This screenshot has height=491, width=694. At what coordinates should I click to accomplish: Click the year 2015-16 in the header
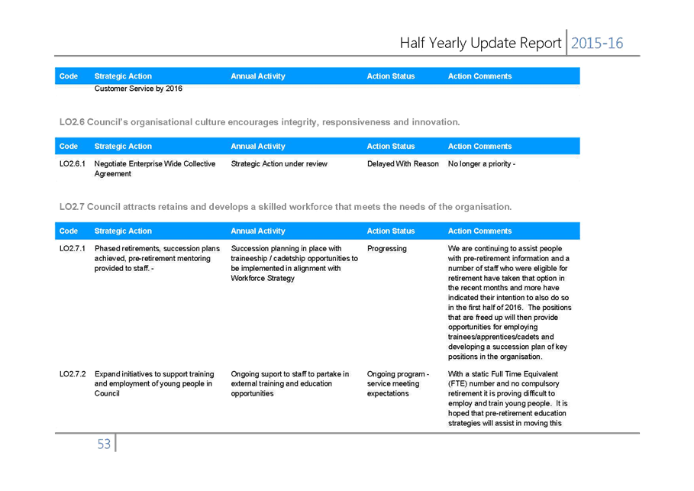click(x=597, y=43)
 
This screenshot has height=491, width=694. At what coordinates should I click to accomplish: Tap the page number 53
click(x=104, y=444)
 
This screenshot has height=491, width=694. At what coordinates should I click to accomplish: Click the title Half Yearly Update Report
click(x=480, y=43)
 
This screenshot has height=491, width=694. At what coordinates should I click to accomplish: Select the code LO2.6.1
click(x=72, y=164)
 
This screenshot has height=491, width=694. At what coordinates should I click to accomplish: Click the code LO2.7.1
click(x=72, y=248)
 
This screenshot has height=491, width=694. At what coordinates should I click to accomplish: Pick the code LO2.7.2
click(x=72, y=374)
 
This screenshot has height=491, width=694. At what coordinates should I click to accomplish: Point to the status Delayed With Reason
click(x=403, y=164)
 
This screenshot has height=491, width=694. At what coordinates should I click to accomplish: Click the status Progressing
click(x=387, y=248)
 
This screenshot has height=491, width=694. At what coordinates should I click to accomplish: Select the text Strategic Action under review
click(x=279, y=164)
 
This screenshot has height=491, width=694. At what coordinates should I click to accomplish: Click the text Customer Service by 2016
click(x=138, y=89)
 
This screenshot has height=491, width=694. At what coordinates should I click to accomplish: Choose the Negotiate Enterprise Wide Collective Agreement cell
click(x=155, y=169)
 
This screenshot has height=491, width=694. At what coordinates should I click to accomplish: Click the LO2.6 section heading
click(x=260, y=122)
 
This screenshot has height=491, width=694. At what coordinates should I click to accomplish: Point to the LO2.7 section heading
click(x=286, y=207)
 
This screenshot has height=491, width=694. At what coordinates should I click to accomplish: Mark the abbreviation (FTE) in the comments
click(x=457, y=384)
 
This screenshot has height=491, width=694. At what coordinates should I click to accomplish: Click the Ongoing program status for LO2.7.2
click(x=398, y=384)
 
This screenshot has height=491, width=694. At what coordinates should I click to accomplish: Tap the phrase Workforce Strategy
click(x=263, y=279)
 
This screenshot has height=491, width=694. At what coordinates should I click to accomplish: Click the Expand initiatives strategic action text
click(x=154, y=384)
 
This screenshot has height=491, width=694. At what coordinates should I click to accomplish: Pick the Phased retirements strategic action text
click(x=157, y=259)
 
